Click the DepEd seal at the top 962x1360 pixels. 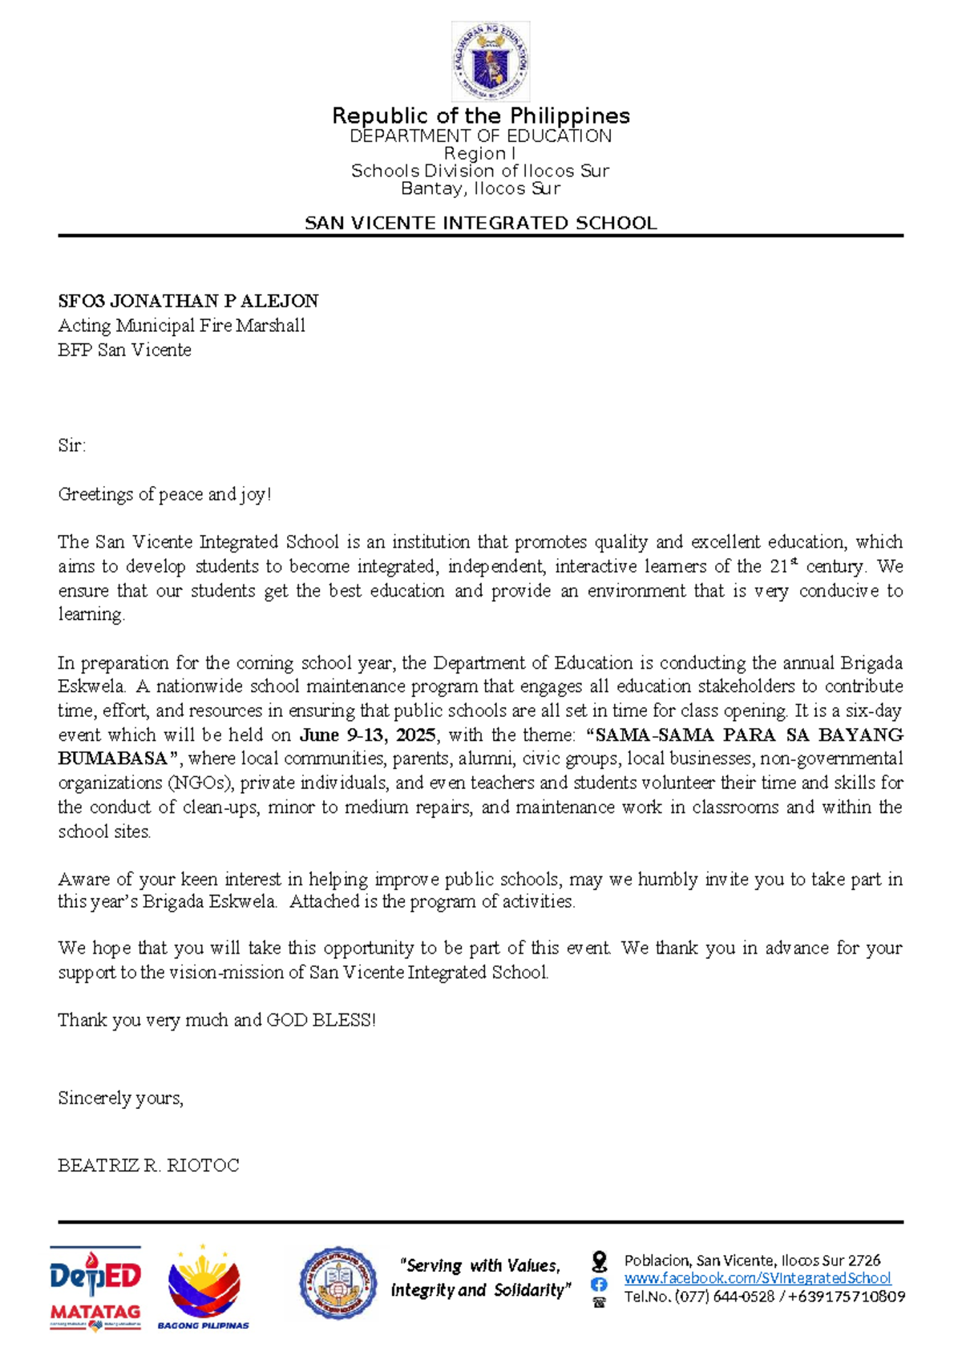(490, 62)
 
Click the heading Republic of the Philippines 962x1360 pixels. (481, 116)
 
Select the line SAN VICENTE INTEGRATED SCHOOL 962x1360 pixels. (481, 223)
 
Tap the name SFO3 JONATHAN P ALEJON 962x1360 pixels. (188, 301)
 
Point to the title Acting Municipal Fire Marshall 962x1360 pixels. (181, 326)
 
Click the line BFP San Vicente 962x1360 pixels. (124, 350)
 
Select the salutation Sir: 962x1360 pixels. (71, 446)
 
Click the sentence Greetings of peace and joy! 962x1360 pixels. (164, 494)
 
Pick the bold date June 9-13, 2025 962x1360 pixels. (368, 735)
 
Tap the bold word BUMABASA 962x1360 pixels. (112, 759)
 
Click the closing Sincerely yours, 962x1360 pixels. (120, 1098)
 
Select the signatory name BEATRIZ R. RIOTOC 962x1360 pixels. (148, 1165)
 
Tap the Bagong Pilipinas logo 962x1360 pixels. (204, 1286)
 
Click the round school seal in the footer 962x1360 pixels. (338, 1284)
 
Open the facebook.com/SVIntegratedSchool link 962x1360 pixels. (757, 1278)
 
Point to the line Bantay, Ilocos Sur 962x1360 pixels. (480, 188)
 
